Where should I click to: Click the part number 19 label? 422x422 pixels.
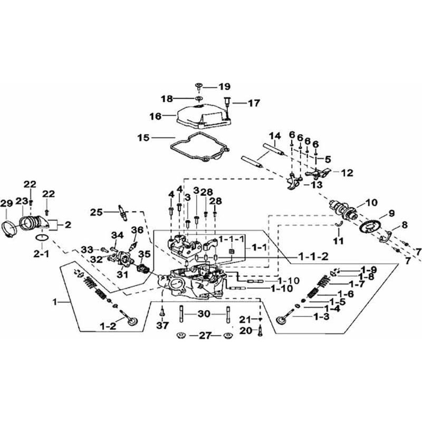coord(224,87)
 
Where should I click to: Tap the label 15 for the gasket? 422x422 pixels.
coord(143,138)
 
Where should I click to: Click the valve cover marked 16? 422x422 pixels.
coord(200,117)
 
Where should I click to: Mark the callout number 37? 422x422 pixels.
coord(162,325)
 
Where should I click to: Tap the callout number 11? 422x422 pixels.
coord(338,241)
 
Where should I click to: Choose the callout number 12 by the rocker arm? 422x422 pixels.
coord(347,173)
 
